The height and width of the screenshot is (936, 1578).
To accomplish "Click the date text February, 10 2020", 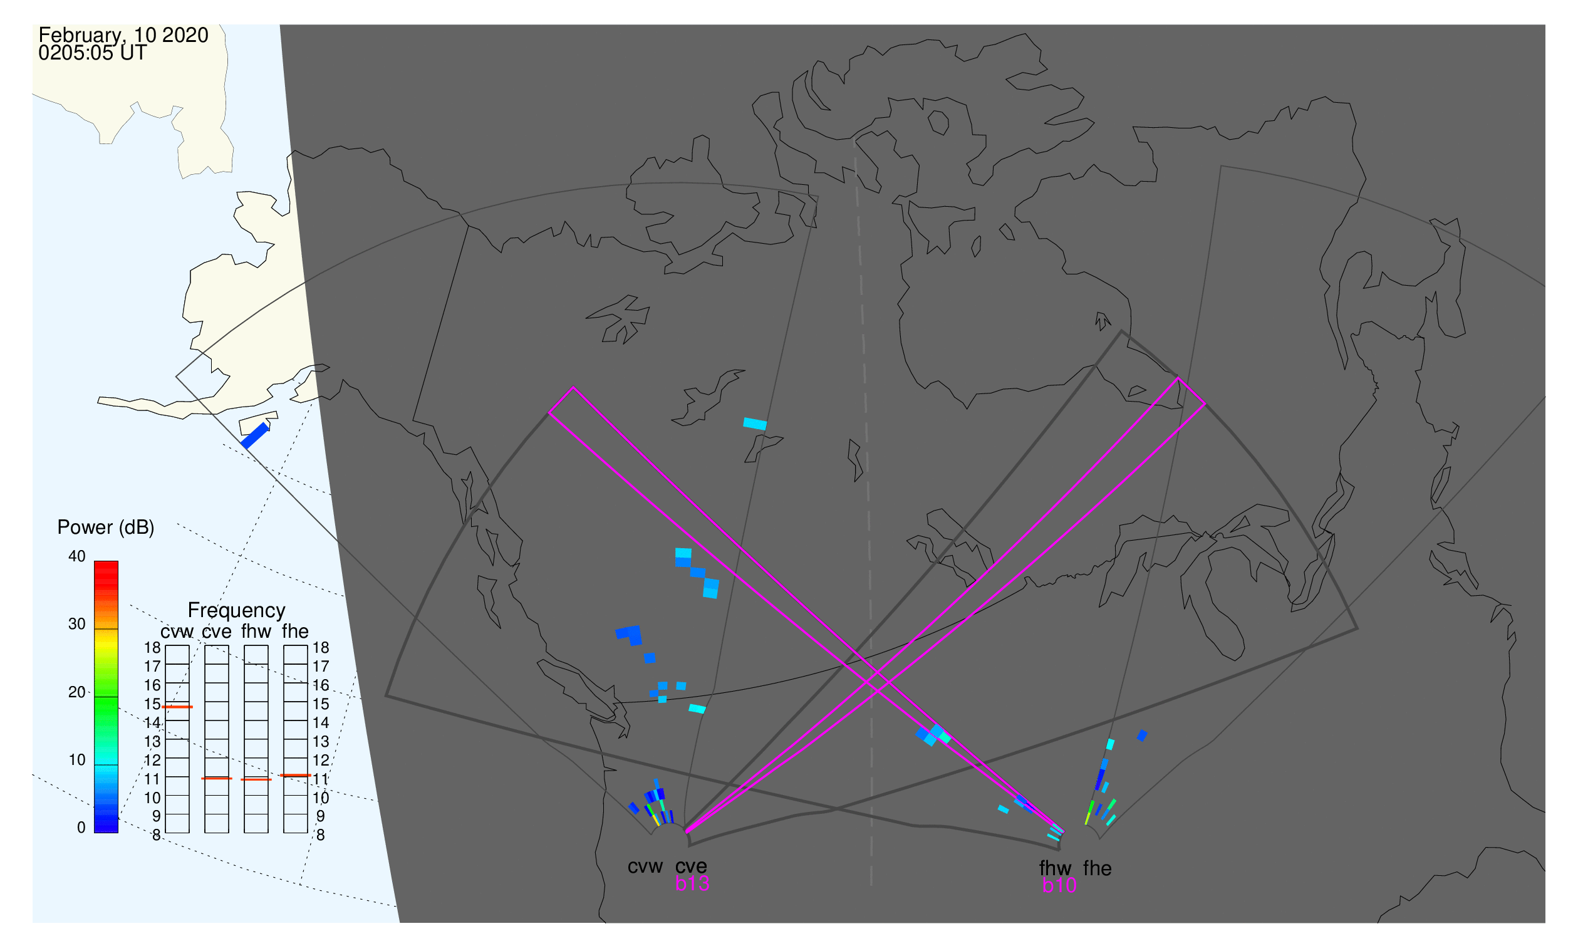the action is click(x=123, y=35).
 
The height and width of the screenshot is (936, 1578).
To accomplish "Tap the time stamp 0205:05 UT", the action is click(x=93, y=53).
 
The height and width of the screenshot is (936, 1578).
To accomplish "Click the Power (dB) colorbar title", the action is click(x=106, y=528).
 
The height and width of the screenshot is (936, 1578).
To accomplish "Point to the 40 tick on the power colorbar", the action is click(x=77, y=556).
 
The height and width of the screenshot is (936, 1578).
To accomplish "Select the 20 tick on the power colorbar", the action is click(x=77, y=692).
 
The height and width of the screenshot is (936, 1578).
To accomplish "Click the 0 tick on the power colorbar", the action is click(x=81, y=828).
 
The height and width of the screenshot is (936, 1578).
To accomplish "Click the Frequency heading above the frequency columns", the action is click(x=237, y=611).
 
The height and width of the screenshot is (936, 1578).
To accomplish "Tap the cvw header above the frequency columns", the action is click(x=177, y=632).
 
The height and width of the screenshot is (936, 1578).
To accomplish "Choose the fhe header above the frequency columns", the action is click(x=295, y=632).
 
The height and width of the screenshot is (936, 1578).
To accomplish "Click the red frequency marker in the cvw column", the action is click(x=177, y=707).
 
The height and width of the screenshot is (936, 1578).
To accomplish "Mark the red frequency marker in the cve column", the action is click(x=217, y=778).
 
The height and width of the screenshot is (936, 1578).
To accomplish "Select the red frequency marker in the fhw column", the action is click(x=256, y=779).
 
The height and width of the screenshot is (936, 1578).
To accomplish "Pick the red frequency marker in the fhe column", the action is click(x=295, y=775).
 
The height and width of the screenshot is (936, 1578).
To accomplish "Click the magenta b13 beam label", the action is click(x=692, y=883).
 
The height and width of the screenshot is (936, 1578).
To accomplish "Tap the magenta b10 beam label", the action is click(x=1059, y=885).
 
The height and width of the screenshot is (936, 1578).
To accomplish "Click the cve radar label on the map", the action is click(x=691, y=866).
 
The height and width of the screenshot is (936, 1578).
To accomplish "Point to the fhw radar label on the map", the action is click(x=1055, y=868).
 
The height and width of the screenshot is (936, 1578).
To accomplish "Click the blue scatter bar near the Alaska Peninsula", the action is click(x=256, y=436).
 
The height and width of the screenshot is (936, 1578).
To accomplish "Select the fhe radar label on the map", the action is click(x=1098, y=868).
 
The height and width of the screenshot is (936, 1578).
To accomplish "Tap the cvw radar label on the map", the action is click(x=645, y=866).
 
